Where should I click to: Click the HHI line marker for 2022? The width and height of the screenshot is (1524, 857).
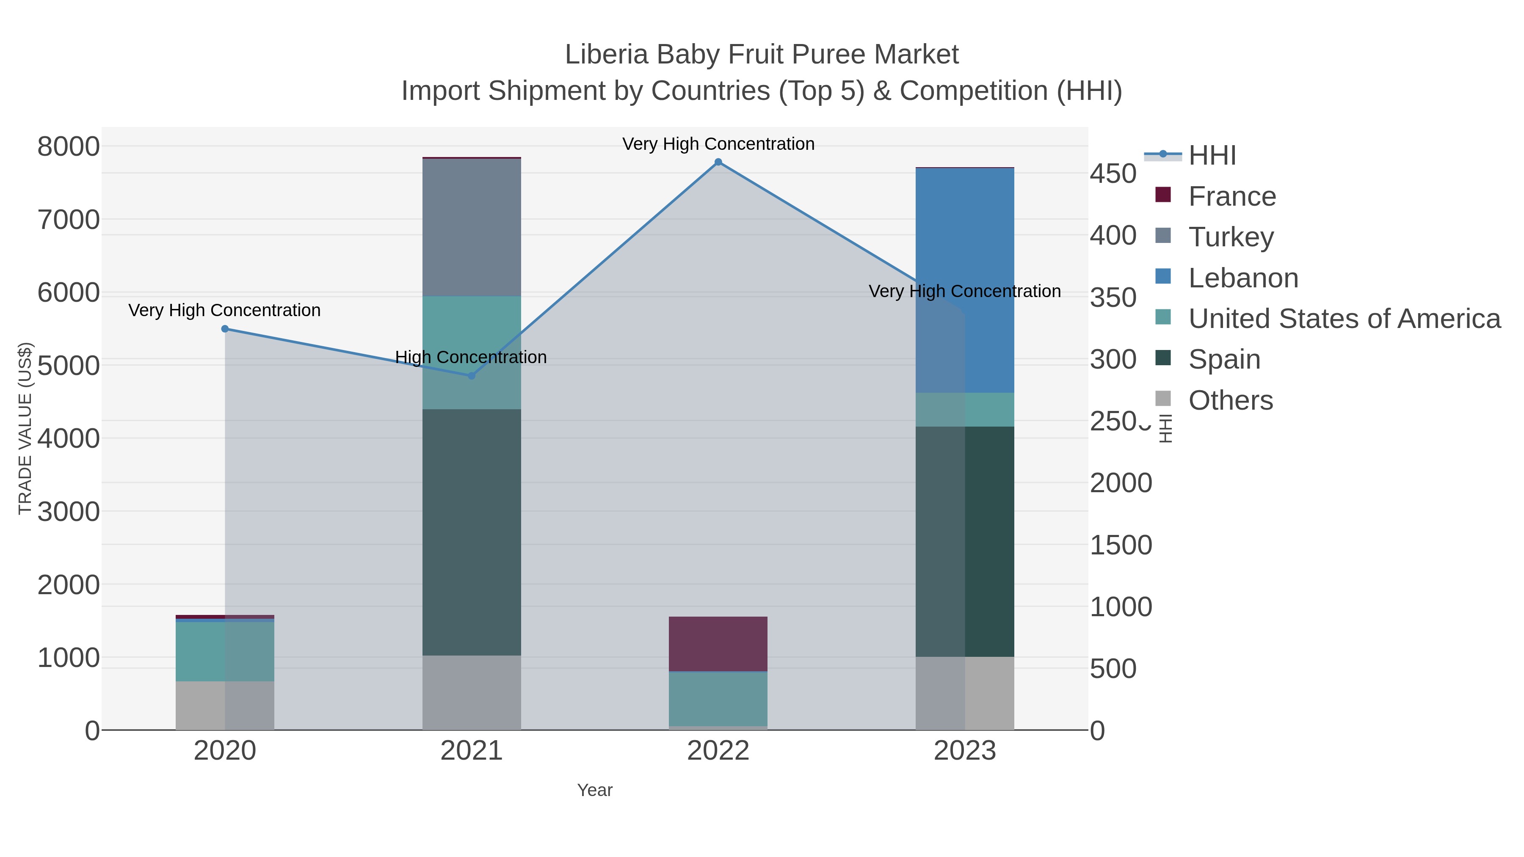pos(718,162)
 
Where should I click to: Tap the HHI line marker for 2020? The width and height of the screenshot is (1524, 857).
pos(225,329)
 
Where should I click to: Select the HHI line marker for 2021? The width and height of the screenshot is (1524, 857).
pos(472,375)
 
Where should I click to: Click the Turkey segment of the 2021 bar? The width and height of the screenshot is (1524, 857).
pos(472,228)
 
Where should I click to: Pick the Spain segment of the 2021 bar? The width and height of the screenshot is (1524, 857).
pos(472,532)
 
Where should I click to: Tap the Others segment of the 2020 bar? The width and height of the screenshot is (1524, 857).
pos(225,705)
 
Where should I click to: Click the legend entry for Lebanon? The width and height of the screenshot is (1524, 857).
pos(1243,278)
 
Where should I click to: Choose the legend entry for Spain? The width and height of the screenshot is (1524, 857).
pos(1224,360)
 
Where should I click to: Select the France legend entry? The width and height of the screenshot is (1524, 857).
pos(1232,196)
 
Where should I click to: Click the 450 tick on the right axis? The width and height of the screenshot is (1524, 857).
pos(1113,174)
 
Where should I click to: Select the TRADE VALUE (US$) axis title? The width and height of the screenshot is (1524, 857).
pos(25,429)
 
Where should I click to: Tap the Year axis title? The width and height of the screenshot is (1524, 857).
pos(595,790)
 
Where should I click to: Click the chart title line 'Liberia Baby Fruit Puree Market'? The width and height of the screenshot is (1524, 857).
pos(762,55)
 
